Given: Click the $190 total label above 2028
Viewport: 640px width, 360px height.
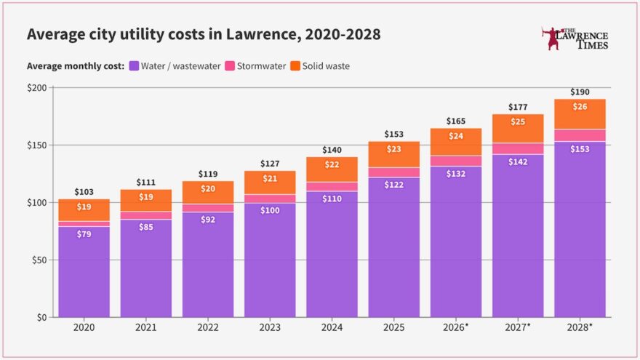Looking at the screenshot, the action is (580, 92).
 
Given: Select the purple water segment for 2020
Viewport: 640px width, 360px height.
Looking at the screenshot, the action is (84, 272).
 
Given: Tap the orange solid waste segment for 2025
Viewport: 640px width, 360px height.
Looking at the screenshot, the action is (394, 154).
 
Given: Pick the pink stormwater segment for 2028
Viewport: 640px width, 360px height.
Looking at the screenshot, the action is (580, 135).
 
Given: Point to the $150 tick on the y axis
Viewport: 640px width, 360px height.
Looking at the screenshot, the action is (37, 145).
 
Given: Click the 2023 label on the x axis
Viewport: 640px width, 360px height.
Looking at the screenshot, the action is (270, 327).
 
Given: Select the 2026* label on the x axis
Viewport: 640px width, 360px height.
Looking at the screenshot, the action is (456, 327).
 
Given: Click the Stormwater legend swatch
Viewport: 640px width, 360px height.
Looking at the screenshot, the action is (230, 65).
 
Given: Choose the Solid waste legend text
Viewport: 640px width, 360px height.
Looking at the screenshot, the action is (326, 66).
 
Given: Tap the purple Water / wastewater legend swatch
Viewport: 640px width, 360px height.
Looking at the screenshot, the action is (134, 65).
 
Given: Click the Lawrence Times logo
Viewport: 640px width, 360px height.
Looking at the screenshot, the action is (575, 39).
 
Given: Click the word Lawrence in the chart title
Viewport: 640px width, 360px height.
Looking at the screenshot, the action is (261, 34).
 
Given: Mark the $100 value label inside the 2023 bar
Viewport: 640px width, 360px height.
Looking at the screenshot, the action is (270, 211).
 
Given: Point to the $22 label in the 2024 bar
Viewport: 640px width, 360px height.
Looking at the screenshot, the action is (332, 164).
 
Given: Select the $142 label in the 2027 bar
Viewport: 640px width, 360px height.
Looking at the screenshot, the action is (518, 162).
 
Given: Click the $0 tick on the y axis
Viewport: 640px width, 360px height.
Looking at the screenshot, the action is (41, 318).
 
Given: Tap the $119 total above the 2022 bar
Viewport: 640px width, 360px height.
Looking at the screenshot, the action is (208, 174).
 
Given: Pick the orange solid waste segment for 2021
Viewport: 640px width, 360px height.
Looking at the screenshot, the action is (146, 201).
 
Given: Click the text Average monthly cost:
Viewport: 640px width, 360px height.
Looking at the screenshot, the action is (76, 66).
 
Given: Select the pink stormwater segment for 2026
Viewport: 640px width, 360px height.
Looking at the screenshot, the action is (456, 161).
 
